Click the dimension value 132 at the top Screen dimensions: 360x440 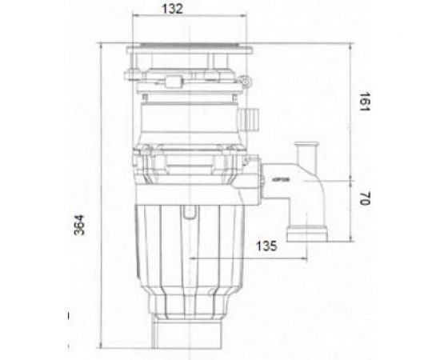(167, 9)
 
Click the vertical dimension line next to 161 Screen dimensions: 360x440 (353, 108)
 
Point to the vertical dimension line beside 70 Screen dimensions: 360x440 (353, 208)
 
